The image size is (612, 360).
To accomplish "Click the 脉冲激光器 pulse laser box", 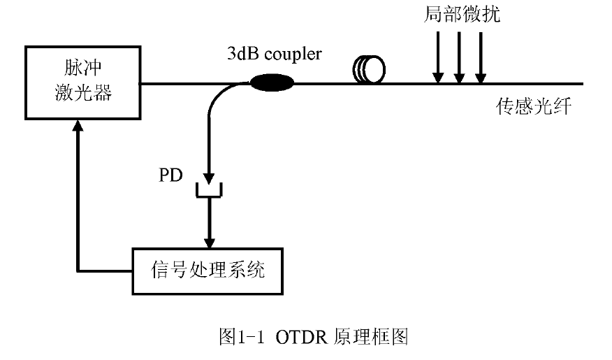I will (x=82, y=82).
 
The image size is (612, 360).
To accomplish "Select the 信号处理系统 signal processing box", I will (x=207, y=270).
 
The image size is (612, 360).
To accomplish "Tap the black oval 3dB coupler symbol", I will (x=272, y=84).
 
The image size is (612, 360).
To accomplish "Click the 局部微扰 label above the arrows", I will (x=462, y=15).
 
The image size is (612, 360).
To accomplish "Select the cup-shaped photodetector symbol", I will (x=207, y=189).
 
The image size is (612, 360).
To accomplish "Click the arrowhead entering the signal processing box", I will (x=207, y=240).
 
